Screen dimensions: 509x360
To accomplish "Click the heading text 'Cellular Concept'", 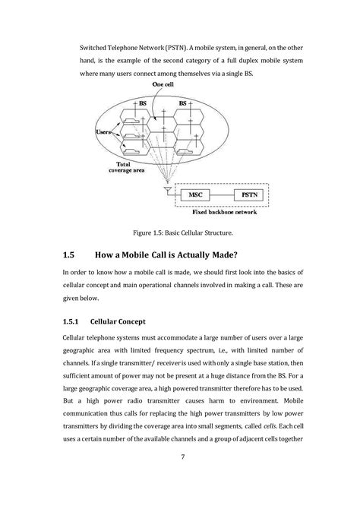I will (x=144, y=321).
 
